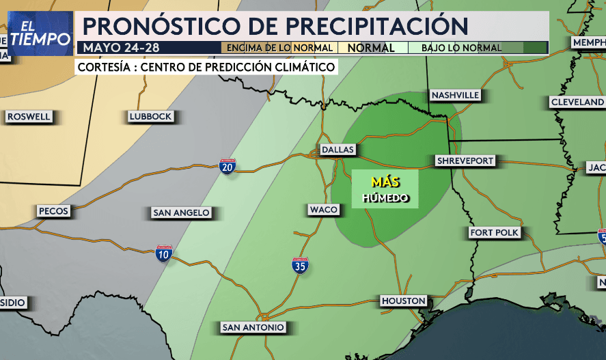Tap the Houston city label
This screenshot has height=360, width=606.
[x=403, y=301]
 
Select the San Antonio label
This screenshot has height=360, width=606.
[x=253, y=328]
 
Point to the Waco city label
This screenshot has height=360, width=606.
[x=323, y=209]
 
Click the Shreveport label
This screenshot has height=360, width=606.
[x=465, y=161]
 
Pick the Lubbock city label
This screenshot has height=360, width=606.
[x=150, y=117]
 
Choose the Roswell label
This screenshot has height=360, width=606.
[x=29, y=117]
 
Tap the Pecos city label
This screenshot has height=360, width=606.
[x=53, y=211]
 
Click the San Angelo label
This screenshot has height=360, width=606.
[x=181, y=213]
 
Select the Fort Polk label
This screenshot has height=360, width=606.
[x=495, y=233]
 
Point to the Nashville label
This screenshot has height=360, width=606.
[x=455, y=95]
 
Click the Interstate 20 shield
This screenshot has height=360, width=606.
[x=228, y=167]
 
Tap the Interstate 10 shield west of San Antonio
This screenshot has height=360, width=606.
[x=164, y=254]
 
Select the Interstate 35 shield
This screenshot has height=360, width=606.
[x=300, y=266]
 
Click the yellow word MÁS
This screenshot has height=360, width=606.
[x=385, y=182]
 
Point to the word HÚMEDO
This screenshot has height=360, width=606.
[x=385, y=198]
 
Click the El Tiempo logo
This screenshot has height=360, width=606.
[x=40, y=33]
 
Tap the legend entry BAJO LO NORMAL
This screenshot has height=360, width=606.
[x=461, y=48]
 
